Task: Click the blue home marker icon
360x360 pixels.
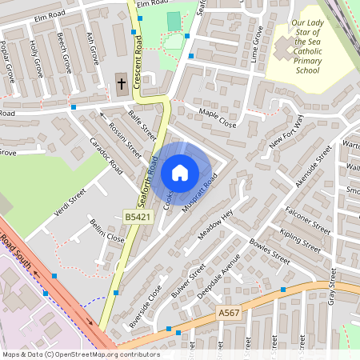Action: click(180, 173)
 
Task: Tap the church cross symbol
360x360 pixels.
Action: click(122, 82)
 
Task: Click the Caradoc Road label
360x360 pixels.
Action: click(105, 156)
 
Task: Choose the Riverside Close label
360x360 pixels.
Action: click(146, 306)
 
